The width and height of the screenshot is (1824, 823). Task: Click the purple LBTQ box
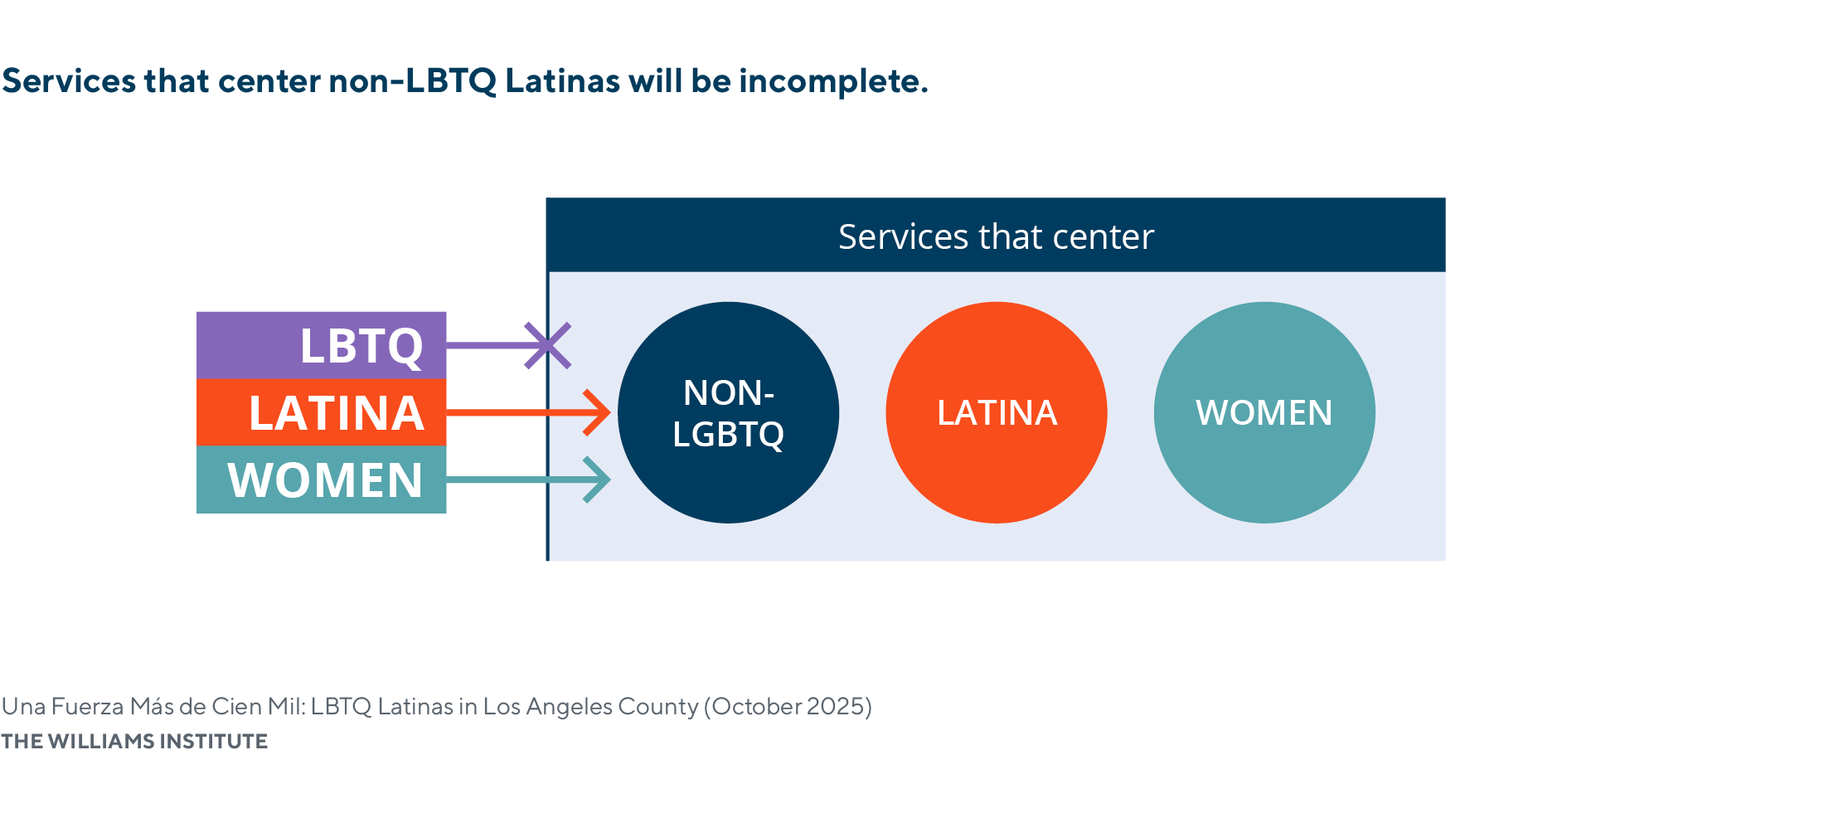321,345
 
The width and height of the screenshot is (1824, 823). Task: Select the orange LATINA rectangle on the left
321,412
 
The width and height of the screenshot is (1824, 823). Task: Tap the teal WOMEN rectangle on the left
321,480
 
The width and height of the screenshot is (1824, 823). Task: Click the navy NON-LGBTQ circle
728,412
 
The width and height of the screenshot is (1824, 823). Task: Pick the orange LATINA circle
996,412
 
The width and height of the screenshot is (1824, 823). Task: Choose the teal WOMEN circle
1264,412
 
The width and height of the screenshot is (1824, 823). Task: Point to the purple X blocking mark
548,345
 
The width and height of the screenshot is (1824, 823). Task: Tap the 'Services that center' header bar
996,236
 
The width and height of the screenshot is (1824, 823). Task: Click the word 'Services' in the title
69,81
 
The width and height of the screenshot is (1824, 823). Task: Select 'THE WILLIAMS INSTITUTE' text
134,741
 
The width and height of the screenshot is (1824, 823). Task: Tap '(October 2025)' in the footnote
788,707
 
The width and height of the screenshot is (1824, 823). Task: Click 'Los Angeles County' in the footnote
590,707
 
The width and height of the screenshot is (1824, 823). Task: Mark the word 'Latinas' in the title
562,81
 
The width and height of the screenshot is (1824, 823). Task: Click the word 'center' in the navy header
1103,237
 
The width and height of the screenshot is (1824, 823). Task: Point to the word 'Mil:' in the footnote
287,707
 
